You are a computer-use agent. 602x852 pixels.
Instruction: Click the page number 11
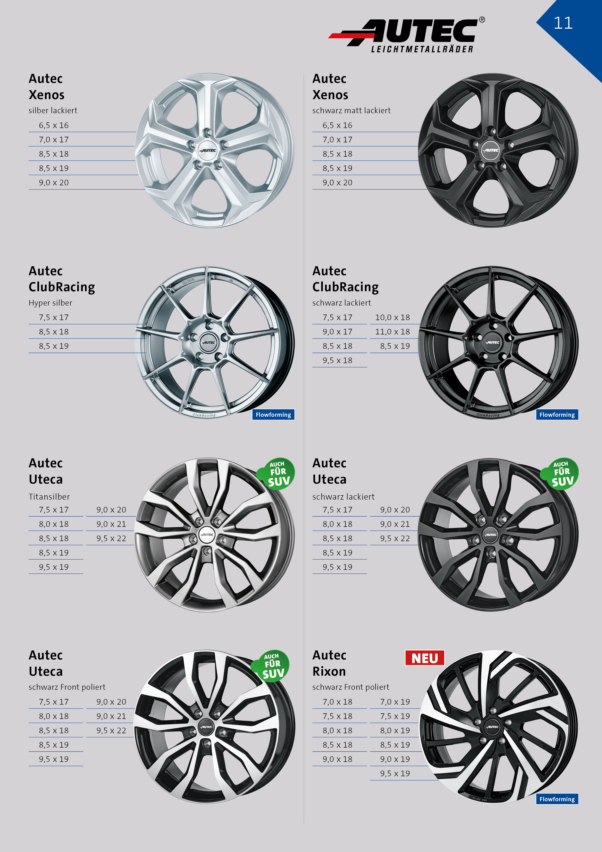point(563,23)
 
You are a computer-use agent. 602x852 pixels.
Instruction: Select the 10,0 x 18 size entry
point(393,317)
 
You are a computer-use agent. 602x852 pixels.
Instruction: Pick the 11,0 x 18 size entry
point(393,332)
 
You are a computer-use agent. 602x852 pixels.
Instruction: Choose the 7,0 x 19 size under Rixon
point(395,702)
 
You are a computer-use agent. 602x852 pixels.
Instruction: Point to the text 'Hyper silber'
point(50,303)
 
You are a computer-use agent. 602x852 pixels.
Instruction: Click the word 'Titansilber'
point(49,496)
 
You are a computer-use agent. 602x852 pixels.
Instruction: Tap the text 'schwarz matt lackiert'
point(351,111)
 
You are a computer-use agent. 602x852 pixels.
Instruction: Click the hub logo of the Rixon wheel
point(493,727)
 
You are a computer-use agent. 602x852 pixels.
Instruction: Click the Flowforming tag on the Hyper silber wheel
point(273,415)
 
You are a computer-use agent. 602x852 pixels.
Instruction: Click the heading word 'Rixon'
point(329,671)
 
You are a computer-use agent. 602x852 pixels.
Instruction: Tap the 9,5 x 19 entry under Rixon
point(395,773)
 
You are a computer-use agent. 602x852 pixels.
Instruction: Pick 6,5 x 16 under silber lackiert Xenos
point(54,125)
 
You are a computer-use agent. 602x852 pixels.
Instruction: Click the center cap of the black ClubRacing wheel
point(493,342)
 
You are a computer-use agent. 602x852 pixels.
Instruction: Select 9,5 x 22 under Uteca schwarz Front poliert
point(111,730)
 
